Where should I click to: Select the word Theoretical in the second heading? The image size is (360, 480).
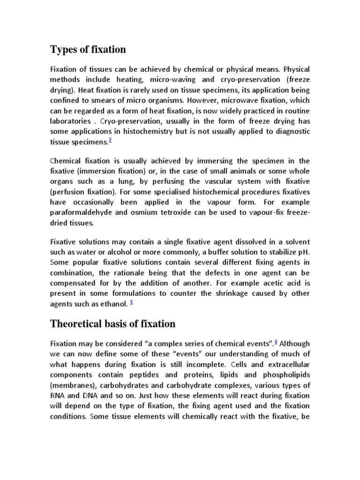click(79, 323)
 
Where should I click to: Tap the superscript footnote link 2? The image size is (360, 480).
click(110, 140)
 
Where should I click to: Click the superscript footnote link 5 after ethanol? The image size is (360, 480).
click(132, 301)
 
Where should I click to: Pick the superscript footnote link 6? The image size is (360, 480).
click(277, 342)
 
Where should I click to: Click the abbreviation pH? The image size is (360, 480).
click(304, 251)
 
